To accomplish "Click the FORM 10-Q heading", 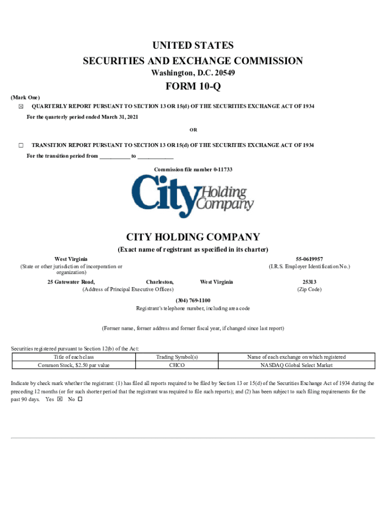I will click(193, 86).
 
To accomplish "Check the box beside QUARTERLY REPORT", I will click(21, 107).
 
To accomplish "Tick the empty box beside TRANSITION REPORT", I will click(21, 145).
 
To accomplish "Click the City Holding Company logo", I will click(193, 196).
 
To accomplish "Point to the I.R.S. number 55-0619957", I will click(309, 259).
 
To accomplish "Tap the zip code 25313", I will click(309, 282).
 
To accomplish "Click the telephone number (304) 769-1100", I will click(193, 300).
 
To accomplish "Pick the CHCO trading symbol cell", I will click(177, 365).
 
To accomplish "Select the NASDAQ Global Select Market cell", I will click(296, 365).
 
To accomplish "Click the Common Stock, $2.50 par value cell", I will click(74, 365).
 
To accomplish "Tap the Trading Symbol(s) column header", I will click(177, 357).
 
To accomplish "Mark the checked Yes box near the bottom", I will click(60, 400).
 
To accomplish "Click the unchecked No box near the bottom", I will click(80, 400).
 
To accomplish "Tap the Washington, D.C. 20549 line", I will click(193, 73).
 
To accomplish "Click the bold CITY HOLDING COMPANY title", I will click(193, 237).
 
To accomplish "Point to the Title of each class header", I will click(74, 357).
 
